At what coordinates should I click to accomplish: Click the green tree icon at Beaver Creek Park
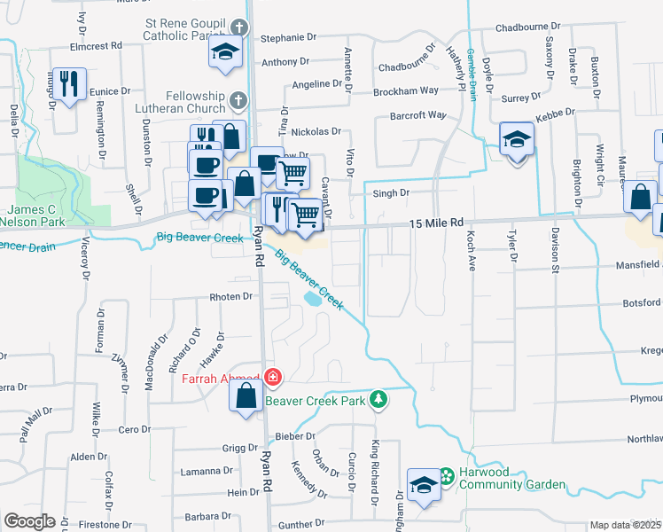[378, 400]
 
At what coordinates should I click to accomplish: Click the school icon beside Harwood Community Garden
[424, 483]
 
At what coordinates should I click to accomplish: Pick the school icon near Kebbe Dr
[517, 139]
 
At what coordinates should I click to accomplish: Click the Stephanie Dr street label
[289, 38]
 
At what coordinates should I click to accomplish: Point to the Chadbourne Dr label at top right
[530, 28]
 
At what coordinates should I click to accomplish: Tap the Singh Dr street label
[391, 192]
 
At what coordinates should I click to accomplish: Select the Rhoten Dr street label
[230, 297]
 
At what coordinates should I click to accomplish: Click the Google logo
[28, 521]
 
